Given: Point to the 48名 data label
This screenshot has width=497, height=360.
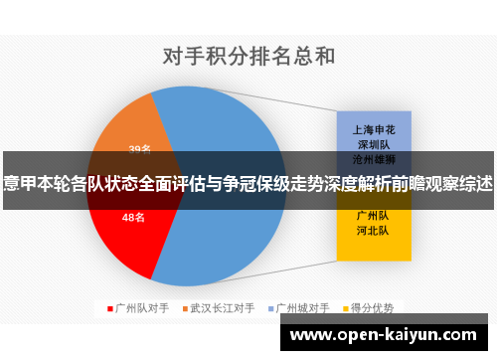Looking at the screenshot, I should click(134, 218).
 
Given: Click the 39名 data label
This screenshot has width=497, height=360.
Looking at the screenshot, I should click(140, 149).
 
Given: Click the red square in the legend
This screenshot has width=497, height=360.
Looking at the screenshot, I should click(110, 308).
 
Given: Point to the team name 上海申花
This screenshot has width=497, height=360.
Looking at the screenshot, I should click(374, 129).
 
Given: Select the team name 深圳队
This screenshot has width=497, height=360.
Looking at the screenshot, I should click(374, 143).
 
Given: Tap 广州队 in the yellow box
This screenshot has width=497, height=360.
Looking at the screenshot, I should click(374, 215).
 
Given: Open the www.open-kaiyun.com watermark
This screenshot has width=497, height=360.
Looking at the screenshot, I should click(388, 335).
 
